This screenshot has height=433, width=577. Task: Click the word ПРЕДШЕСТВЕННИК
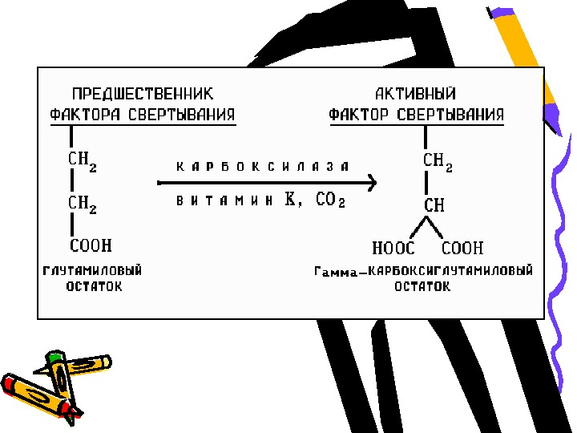pos(143,95)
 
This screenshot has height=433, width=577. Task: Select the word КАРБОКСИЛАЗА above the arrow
pos(263,167)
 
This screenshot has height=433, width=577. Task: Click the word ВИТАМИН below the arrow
pos(224,202)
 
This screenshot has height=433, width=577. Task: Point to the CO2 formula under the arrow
pos(329,201)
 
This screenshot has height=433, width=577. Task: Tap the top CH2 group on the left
pos(82,160)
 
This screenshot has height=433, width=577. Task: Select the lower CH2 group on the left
pos(82,205)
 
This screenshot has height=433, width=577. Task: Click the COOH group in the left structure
pos(90,245)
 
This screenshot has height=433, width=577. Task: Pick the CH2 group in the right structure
pos(438,162)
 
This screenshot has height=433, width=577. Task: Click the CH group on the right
pos(434,205)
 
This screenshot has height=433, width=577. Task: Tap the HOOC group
pos(394,249)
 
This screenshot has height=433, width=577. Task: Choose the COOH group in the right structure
pos(463,249)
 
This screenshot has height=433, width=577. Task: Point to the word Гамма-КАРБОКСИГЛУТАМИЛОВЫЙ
pos(423,271)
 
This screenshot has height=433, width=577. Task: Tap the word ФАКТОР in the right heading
pos(359,114)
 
